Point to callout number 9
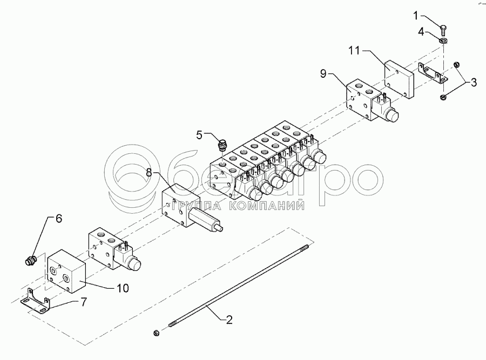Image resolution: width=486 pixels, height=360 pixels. [323, 73]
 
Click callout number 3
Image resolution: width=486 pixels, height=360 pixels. [474, 83]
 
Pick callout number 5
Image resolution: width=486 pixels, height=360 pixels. [199, 135]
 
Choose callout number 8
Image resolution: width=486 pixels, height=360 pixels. [150, 174]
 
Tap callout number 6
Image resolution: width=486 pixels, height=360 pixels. [58, 219]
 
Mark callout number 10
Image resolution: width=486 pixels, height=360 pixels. [123, 288]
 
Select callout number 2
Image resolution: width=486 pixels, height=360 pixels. [229, 320]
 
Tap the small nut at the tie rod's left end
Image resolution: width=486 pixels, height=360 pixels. [157, 332]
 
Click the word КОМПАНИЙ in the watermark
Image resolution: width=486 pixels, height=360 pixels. [269, 205]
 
